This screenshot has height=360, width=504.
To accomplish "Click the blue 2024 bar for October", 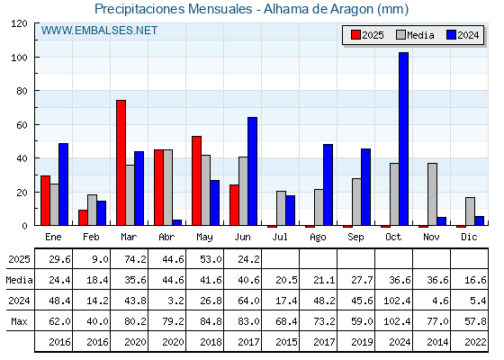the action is (x=403, y=139).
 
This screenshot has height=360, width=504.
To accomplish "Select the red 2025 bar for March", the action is (x=121, y=163).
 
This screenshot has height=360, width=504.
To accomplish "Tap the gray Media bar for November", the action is (x=432, y=194).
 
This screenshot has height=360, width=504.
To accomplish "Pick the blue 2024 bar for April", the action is (x=176, y=222).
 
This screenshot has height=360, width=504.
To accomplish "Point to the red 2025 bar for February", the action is (x=83, y=218).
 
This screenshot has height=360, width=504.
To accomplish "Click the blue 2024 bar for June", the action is (x=252, y=171).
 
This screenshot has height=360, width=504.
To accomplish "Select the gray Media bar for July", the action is (x=281, y=208).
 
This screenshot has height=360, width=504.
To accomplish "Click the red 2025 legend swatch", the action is (x=355, y=35).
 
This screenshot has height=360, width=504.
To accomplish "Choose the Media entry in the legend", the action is (x=415, y=35).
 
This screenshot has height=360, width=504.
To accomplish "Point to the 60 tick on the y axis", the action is (x=22, y=125).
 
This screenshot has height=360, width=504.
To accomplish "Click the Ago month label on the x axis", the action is (x=318, y=238).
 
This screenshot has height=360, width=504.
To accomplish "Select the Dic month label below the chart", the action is (x=469, y=237).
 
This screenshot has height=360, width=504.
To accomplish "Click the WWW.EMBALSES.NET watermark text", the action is (x=99, y=31).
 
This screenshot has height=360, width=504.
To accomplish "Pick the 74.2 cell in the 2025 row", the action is (x=135, y=259).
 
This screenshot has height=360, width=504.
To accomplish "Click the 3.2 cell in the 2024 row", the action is (x=176, y=301).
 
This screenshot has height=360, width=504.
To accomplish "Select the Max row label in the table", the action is (x=19, y=321).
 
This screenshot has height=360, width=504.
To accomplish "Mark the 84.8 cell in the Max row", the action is (x=211, y=321).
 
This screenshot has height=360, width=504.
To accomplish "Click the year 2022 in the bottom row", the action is (x=475, y=342).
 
